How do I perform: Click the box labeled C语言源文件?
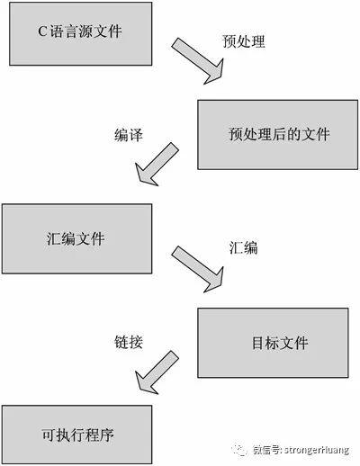click(x=81, y=33)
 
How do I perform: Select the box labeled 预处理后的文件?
click(x=278, y=135)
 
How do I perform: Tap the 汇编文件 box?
click(x=77, y=238)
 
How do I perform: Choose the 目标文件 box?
click(x=273, y=343)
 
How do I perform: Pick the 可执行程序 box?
click(x=77, y=435)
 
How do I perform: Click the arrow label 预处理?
click(x=244, y=41)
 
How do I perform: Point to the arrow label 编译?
click(x=129, y=135)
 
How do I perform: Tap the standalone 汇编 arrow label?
click(x=244, y=248)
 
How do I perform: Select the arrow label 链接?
click(x=129, y=342)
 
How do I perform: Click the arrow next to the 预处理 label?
click(x=198, y=61)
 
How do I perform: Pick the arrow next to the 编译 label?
click(x=157, y=165)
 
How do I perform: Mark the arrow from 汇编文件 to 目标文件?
click(x=198, y=270)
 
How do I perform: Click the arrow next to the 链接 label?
click(x=157, y=372)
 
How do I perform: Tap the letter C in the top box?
click(x=42, y=31)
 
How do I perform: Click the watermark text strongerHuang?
click(x=317, y=450)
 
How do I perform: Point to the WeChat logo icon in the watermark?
click(x=238, y=450)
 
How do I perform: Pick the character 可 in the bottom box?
click(x=48, y=435)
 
